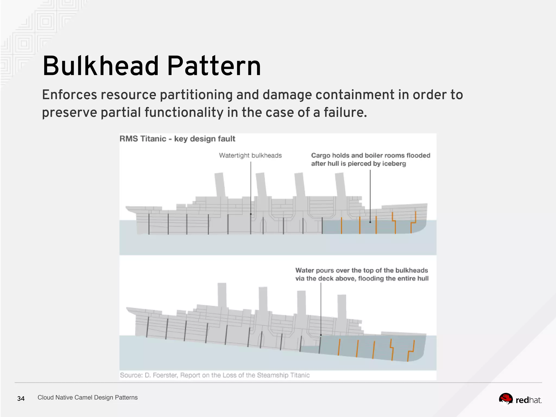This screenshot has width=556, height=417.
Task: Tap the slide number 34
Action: click(x=21, y=399)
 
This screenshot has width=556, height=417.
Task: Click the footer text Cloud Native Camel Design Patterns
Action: click(x=87, y=397)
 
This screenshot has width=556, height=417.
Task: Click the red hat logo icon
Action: click(x=506, y=399)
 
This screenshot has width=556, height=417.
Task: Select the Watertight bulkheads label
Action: click(x=250, y=155)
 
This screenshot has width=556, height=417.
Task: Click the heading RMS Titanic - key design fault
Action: click(x=177, y=139)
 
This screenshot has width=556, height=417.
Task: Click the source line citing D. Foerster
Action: click(x=214, y=375)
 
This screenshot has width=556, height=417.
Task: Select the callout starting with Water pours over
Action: click(x=362, y=274)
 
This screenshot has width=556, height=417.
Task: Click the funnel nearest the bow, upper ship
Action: click(x=340, y=185)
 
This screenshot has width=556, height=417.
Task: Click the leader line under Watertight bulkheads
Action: click(x=251, y=187)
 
